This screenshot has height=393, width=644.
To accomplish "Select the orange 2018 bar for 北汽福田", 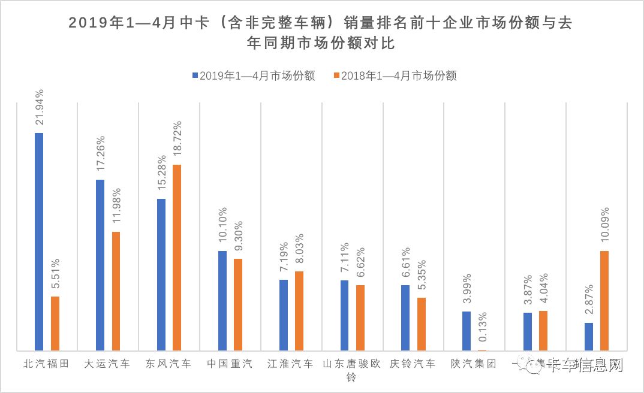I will (55, 324).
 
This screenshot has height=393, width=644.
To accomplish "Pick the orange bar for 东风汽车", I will (177, 258).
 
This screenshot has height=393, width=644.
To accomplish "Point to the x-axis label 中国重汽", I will (230, 364).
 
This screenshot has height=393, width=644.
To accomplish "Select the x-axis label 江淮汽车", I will (291, 364).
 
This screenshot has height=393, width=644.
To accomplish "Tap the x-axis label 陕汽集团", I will (474, 364).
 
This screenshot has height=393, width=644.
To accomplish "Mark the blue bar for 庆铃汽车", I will (405, 318).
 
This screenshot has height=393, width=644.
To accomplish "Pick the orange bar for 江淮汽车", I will (299, 311).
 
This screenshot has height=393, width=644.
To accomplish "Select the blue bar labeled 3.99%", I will (466, 331).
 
